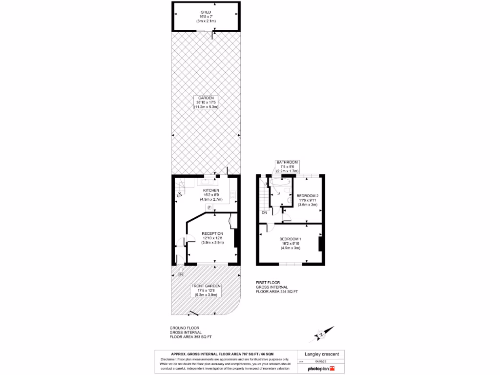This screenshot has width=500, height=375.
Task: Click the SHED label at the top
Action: [206, 12]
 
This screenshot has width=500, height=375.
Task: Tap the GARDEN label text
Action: [206, 98]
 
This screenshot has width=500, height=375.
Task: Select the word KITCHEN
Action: [211, 190]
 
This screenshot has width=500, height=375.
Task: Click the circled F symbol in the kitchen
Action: [209, 208]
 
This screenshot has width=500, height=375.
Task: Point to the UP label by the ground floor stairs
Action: [179, 196]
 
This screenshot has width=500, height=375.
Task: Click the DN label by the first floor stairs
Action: [264, 212]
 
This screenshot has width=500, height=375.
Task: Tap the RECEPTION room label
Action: [212, 233]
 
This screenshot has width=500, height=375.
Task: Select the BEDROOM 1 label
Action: [290, 239]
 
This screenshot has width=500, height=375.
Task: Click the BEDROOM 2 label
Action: [308, 196]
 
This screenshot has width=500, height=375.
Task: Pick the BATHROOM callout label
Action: [287, 162]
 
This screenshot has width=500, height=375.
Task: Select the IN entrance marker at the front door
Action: [181, 274]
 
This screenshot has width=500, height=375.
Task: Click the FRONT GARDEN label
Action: [206, 286]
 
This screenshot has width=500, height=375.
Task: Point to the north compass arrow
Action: [321, 334]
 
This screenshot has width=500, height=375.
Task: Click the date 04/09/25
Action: [320, 361]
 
